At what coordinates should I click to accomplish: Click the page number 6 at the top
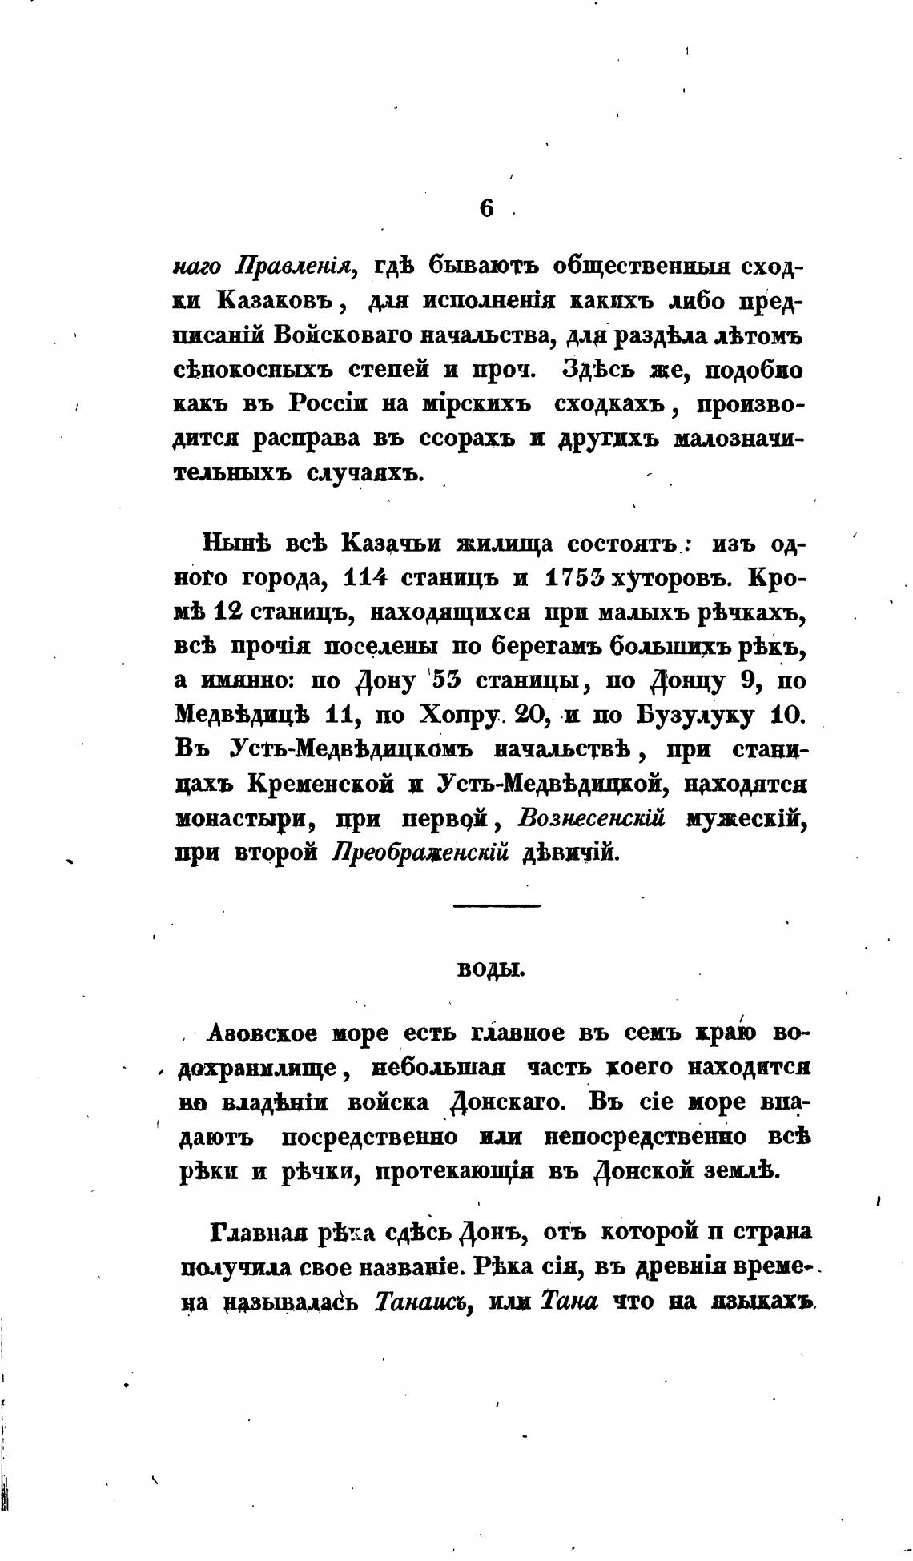pos(486,208)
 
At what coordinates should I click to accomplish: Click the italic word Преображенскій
pos(421,853)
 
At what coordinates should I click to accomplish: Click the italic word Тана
pos(569,1302)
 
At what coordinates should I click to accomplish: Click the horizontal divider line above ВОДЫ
pos(497,905)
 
